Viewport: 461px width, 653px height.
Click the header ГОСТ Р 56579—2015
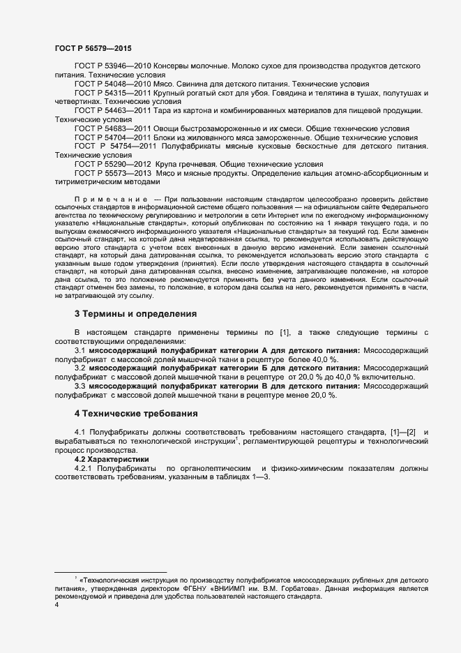tap(93, 47)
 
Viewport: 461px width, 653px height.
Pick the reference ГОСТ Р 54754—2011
tap(116, 147)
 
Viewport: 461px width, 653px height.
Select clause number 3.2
tap(80, 368)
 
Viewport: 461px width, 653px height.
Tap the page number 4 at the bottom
tap(56, 605)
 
